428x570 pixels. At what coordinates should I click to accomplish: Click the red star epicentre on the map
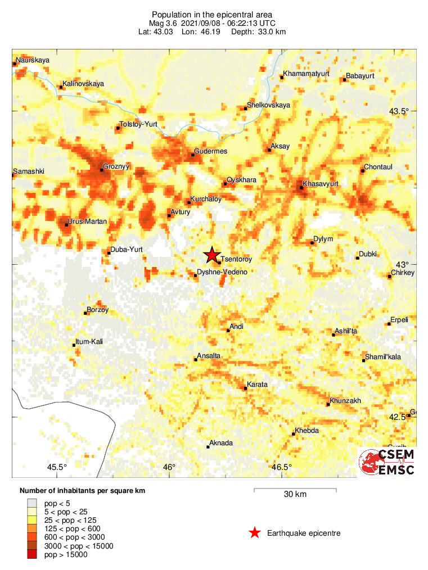click(x=211, y=255)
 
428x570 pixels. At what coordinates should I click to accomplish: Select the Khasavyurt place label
click(x=320, y=184)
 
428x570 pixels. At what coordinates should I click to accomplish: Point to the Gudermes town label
click(x=210, y=151)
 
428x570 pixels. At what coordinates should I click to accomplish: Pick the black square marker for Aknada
click(x=208, y=447)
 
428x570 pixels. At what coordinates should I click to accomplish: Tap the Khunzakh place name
click(x=346, y=401)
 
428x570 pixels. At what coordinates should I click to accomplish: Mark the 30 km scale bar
click(x=295, y=491)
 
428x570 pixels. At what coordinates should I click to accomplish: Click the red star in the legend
click(x=255, y=533)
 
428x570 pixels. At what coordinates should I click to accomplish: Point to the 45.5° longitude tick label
click(x=57, y=467)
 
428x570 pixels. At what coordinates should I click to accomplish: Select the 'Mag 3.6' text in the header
click(x=163, y=23)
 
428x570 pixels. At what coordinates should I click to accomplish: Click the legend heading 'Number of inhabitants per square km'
click(x=82, y=491)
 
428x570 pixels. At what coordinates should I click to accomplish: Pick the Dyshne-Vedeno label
click(x=222, y=272)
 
